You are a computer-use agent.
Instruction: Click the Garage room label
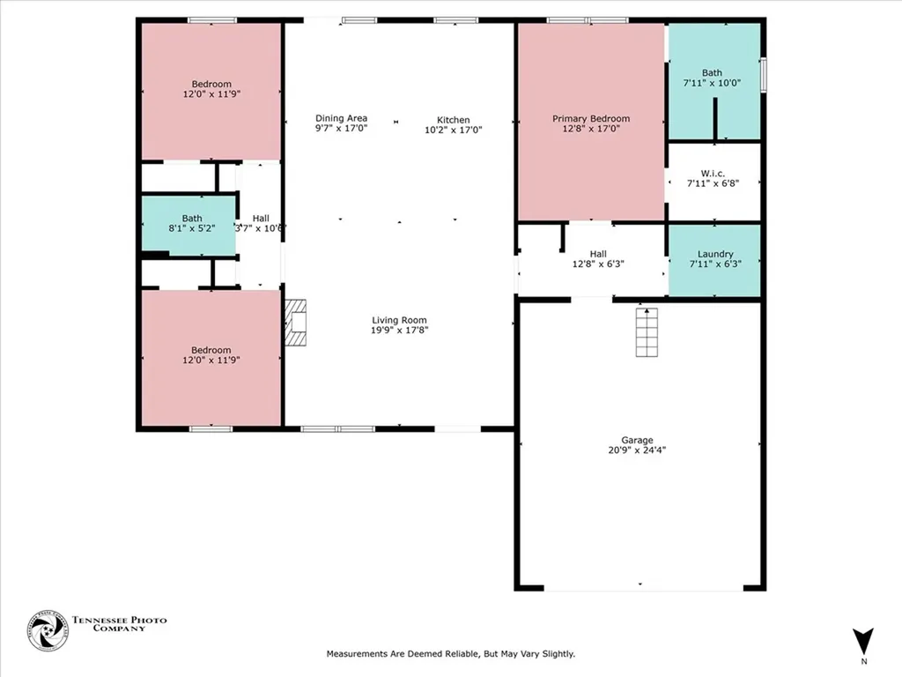pos(637,440)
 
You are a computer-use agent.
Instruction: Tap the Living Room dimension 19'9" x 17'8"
pos(399,331)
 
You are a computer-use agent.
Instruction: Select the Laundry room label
pos(714,254)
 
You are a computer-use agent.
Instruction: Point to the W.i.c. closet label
pos(713,173)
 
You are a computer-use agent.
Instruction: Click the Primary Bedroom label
pos(591,118)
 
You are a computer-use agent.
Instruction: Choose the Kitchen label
pos(454,120)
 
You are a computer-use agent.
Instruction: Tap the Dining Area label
pos(341,118)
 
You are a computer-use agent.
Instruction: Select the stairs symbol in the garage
pos(647,332)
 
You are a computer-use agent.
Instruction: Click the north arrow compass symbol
pos(863,641)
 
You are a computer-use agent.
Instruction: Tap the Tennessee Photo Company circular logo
pos(48,630)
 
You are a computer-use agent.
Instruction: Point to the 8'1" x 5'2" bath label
pos(192,228)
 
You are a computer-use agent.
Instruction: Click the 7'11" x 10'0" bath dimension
pos(712,83)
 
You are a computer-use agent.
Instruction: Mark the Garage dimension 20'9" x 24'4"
pos(637,450)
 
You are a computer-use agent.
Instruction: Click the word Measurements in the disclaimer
pos(359,654)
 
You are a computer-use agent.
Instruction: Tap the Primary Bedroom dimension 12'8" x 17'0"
pos(591,129)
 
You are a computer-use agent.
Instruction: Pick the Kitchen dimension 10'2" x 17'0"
pos(454,130)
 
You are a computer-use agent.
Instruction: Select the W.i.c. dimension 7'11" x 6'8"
pos(713,183)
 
